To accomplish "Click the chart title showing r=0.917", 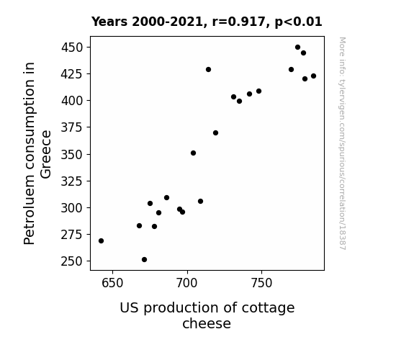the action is pyautogui.click(x=207, y=22).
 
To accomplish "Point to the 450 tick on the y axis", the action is pyautogui.click(x=72, y=48).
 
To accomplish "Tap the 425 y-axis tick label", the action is pyautogui.click(x=72, y=74).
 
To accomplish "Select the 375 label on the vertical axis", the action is pyautogui.click(x=72, y=127).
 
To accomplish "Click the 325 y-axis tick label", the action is pyautogui.click(x=72, y=181).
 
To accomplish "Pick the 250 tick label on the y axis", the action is pyautogui.click(x=72, y=261).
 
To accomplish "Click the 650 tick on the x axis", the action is pyautogui.click(x=112, y=283).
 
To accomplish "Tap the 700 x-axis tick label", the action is pyautogui.click(x=187, y=283).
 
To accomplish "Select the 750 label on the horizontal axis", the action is pyautogui.click(x=261, y=283).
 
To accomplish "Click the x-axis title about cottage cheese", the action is pyautogui.click(x=207, y=315).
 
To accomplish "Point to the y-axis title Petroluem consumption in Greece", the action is pyautogui.click(x=37, y=153).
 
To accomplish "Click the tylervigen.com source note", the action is pyautogui.click(x=342, y=143).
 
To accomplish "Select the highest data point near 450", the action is pyautogui.click(x=297, y=48).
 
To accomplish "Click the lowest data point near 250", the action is pyautogui.click(x=144, y=260).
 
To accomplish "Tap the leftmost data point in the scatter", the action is pyautogui.click(x=101, y=241).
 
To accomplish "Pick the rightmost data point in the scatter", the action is pyautogui.click(x=313, y=76).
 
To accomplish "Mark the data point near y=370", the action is pyautogui.click(x=215, y=133).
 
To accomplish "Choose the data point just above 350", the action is pyautogui.click(x=193, y=153).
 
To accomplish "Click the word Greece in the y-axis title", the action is pyautogui.click(x=45, y=154).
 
